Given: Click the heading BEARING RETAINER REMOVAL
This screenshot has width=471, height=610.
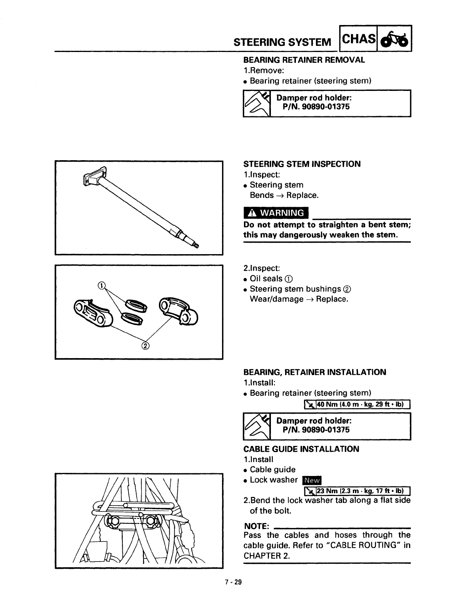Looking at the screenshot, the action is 304,60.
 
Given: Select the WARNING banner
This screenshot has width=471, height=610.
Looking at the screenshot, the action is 276,213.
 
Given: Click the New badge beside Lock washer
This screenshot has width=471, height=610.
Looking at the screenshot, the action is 312,480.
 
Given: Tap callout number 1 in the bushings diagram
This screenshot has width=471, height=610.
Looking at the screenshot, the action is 101,285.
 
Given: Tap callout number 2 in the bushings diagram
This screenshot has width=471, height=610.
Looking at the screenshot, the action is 145,345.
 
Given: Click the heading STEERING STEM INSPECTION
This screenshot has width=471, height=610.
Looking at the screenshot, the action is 302,164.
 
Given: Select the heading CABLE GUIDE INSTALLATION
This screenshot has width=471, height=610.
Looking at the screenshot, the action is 301,449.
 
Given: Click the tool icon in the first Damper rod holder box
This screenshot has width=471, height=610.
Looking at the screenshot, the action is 257,103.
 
